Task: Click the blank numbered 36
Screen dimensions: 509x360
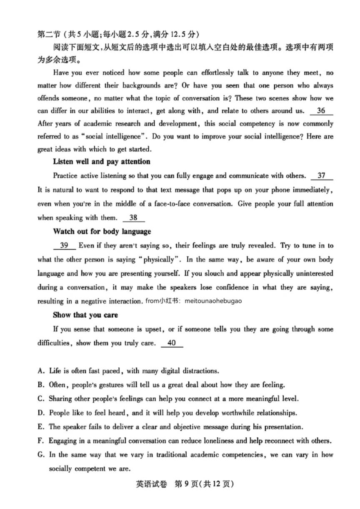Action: pos(322,111)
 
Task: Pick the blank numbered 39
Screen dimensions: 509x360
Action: pos(64,246)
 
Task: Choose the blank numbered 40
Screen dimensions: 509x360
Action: pos(171,344)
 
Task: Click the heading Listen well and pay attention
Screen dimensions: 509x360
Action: pos(102,162)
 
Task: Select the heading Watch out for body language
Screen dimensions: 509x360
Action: pos(102,231)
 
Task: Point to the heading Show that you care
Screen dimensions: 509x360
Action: pos(85,315)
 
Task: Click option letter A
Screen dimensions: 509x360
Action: pos(40,371)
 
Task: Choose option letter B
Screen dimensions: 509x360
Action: pos(40,385)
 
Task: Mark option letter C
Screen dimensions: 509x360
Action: pos(40,399)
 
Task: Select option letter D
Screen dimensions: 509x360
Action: pos(40,413)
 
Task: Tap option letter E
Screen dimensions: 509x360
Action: pos(40,427)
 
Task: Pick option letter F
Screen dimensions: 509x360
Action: pos(40,441)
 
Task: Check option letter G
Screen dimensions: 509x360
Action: pos(40,455)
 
